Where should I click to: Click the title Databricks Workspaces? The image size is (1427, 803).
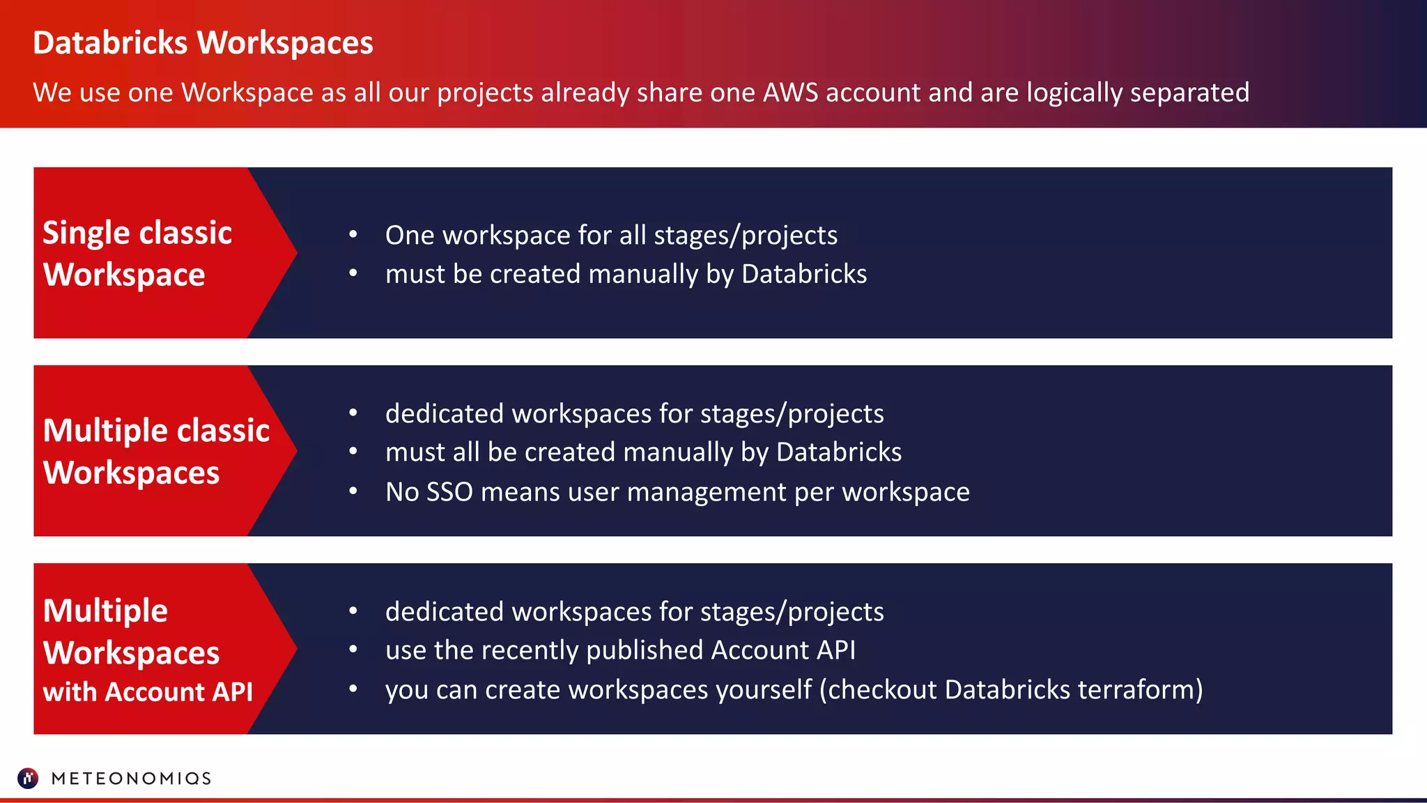coord(203,43)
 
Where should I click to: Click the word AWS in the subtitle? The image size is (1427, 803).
coord(790,93)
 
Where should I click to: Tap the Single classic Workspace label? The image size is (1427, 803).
coord(137,253)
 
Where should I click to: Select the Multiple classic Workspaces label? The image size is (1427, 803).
coord(156,451)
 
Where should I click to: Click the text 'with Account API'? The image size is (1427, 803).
coord(148,691)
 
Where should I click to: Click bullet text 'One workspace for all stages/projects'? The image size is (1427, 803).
coord(611,236)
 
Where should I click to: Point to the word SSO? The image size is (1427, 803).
coord(449,492)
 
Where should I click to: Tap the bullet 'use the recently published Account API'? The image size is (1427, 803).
coord(620,650)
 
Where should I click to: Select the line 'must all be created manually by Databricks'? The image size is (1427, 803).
coord(643,452)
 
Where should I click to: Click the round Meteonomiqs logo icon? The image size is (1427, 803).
coord(28,778)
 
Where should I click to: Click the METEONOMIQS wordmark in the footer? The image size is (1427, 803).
coord(131,779)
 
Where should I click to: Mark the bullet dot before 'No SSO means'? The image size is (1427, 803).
coord(353,491)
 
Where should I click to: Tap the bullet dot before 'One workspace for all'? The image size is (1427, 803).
coord(353,235)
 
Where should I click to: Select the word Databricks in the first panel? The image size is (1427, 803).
coord(804,274)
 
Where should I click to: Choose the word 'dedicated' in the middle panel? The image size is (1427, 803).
coord(445,413)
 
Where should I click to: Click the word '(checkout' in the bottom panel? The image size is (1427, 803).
coord(878,689)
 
